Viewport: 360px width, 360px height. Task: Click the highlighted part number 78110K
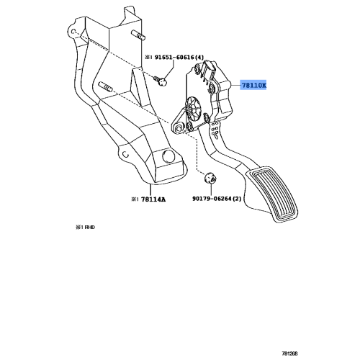click(x=253, y=86)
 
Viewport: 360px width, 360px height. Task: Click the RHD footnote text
click(x=86, y=226)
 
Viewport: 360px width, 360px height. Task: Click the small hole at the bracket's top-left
click(x=75, y=32)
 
